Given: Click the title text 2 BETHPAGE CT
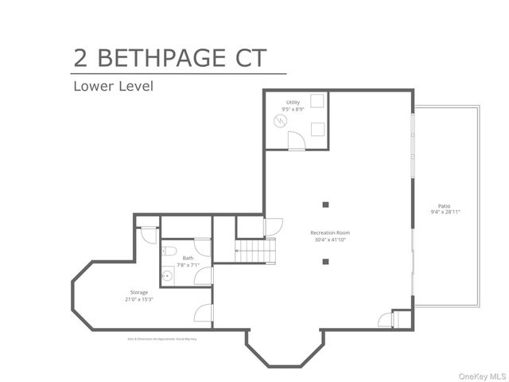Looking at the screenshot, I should click(169, 58).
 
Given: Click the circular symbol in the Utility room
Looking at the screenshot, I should click(280, 121).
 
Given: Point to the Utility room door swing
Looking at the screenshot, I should click(296, 142).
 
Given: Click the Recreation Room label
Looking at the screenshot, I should click(330, 233).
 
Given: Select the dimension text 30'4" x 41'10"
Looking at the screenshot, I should click(330, 240).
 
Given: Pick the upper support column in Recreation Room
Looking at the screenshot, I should click(325, 202).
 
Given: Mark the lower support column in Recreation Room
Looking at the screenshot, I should click(325, 261).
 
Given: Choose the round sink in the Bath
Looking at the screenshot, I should click(167, 276).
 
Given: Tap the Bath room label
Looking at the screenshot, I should click(188, 258).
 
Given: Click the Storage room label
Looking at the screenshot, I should click(139, 292).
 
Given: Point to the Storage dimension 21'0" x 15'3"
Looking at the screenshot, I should click(139, 299).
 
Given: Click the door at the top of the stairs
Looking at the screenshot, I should click(269, 227).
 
